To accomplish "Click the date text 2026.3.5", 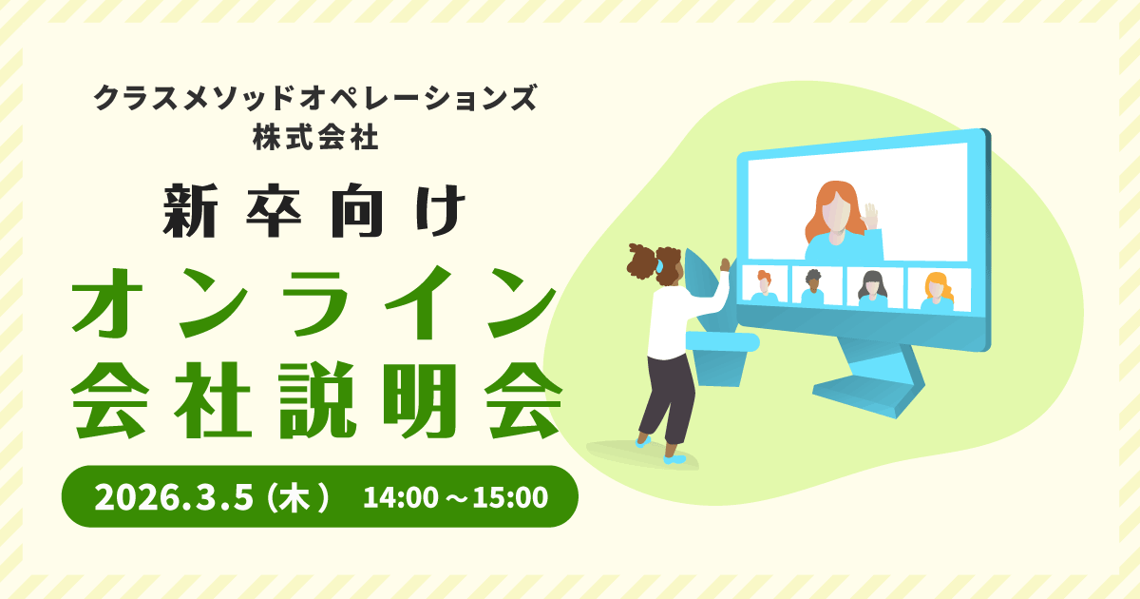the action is pos(174,497).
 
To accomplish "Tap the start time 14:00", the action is pos(400,497).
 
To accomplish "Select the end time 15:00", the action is pos(510,497).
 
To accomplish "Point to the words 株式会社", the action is pos(316,138).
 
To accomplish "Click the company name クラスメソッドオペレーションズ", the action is pos(315,97).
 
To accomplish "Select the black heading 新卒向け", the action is pos(315,210).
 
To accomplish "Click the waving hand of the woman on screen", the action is pos(871,218).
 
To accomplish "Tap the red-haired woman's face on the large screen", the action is pos(838,215).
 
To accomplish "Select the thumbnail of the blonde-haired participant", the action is pos(939,290).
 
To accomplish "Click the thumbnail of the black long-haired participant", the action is pos(874,288).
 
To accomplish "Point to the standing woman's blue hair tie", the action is pos(659,265).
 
